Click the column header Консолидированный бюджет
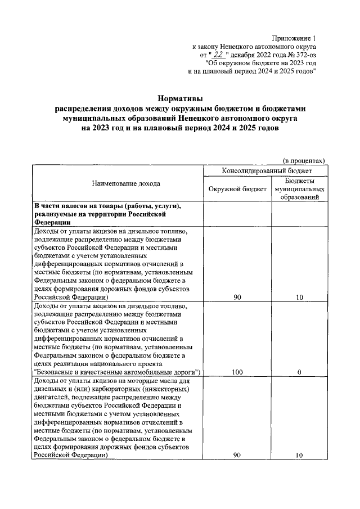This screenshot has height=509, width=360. pos(264,170)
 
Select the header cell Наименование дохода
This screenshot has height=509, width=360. pos(118,183)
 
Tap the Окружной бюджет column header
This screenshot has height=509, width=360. pos(237,189)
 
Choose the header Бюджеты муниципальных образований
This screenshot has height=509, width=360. pos(299,189)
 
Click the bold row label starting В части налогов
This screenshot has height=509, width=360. pos(107,214)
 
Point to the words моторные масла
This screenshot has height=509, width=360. pos(142,381)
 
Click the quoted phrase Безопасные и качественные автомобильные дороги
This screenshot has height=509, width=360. pos(118,372)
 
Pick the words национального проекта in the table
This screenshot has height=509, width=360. pos(115,363)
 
